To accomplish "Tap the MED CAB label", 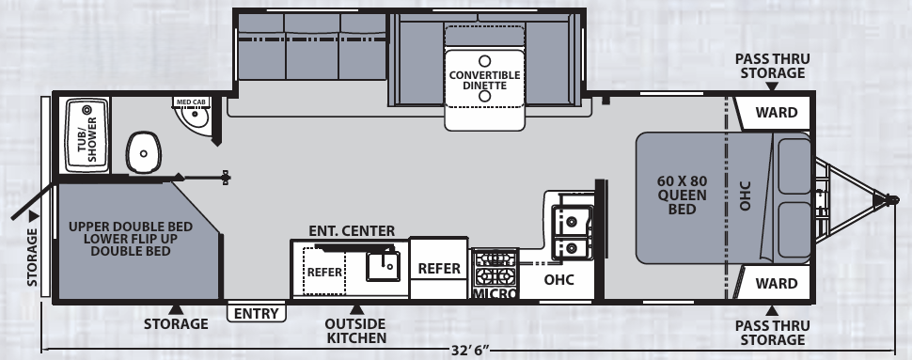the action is pos(192,102).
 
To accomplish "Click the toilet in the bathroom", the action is pos(143,152).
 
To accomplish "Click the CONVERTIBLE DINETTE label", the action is pos(484,80).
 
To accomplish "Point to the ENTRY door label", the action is pos(256,314).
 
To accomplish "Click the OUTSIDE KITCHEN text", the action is pos(356,330).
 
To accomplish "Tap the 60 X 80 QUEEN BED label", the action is pos(682,195).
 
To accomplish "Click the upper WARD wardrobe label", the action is pos(776,112).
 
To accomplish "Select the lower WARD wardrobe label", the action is pos(776,283).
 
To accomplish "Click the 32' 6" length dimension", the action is pos(469,351).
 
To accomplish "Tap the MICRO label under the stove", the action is pos(495,293).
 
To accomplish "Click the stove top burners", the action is pos(495,268).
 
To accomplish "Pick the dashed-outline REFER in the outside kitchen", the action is pos(324,272).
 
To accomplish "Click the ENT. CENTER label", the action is pos(352,231).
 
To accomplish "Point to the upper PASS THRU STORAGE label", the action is pos(772,66).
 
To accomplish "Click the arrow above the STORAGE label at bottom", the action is pos(176,309).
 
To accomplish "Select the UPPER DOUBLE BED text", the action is pos(131,227).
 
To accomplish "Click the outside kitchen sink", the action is pos(383,266).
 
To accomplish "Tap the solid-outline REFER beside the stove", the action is pos(439,268).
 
